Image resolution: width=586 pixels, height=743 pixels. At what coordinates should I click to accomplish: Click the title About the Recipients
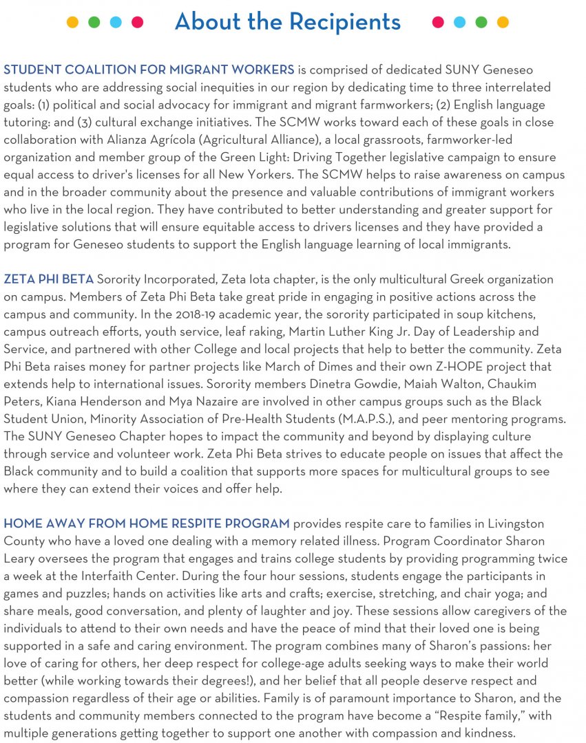[287, 22]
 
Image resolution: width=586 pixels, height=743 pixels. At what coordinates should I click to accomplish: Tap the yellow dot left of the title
[72, 22]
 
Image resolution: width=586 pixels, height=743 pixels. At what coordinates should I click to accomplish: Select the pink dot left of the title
[137, 22]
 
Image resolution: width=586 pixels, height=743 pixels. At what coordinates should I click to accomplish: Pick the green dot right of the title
[481, 22]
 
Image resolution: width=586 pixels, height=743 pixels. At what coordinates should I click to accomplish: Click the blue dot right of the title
[459, 22]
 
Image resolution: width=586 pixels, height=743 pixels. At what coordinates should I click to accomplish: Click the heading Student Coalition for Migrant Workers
[149, 69]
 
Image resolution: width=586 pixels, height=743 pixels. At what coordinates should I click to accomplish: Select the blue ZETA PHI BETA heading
[48, 279]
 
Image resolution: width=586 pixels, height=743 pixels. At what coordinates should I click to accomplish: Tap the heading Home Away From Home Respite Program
[147, 524]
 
